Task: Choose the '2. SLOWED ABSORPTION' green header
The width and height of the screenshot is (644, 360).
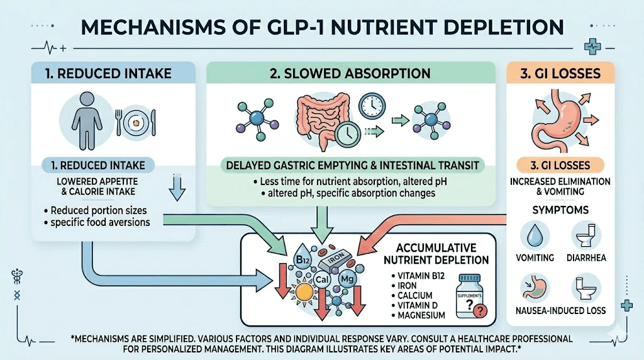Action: tap(351, 74)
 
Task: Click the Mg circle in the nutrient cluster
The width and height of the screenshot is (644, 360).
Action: tap(347, 278)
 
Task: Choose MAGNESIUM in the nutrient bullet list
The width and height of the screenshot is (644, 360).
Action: tap(422, 315)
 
